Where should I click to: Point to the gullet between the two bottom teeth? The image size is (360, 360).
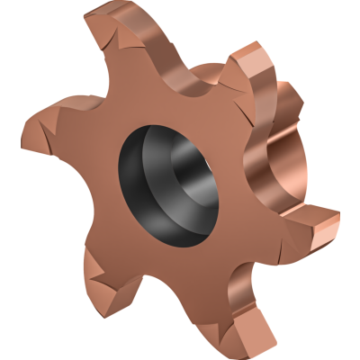pyautogui.click(x=180, y=270)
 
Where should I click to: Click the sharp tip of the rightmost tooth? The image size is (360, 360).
pyautogui.click(x=338, y=216)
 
